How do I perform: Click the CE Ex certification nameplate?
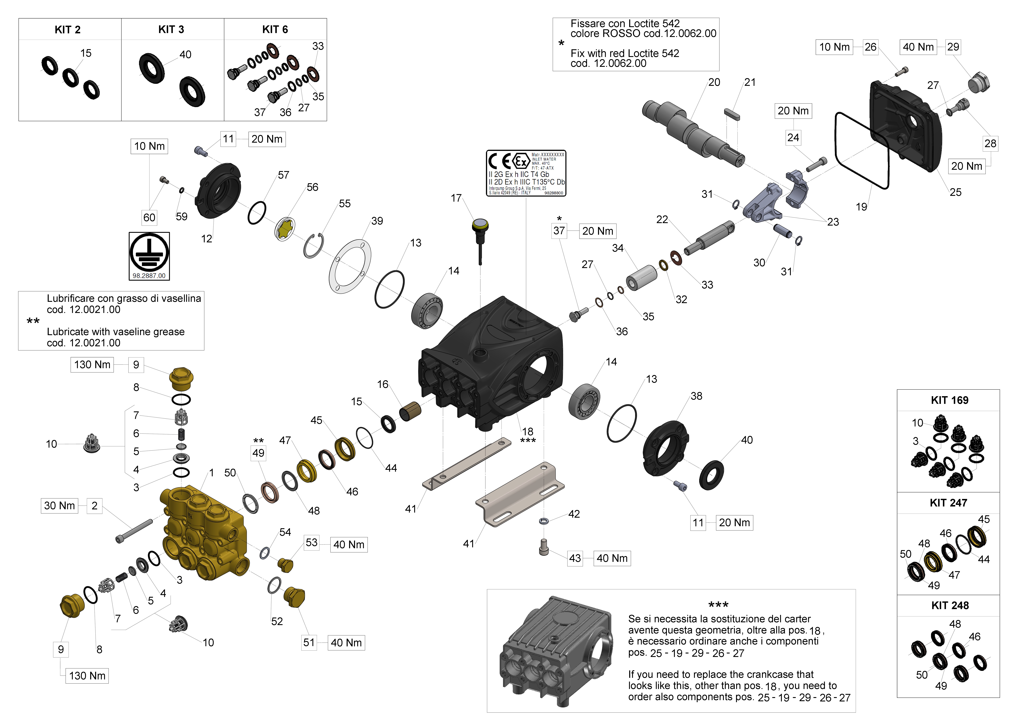(526, 173)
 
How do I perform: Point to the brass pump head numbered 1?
(204, 532)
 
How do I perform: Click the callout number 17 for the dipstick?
(456, 198)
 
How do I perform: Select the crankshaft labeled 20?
(692, 131)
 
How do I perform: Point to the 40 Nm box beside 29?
(918, 47)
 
